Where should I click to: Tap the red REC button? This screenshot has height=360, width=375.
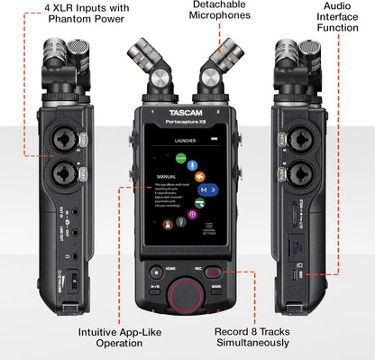click(x=210, y=272)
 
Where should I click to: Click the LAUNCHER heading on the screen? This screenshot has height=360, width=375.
click(x=187, y=142)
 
